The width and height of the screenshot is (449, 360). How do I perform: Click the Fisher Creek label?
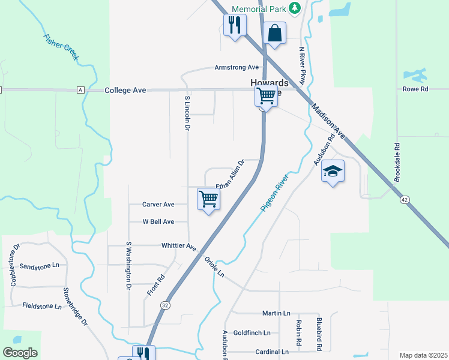tap(61, 47)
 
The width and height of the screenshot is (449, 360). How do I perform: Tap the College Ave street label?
tap(125, 91)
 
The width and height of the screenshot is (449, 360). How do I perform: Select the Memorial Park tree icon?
tap(294, 8)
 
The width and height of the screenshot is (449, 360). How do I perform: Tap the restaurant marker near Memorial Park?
tap(234, 25)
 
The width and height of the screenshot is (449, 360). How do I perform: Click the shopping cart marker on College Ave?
tap(266, 96)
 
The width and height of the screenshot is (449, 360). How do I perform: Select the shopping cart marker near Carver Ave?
tap(208, 199)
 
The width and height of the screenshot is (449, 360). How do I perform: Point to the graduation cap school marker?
tap(333, 172)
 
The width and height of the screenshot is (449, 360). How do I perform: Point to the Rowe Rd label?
tap(415, 89)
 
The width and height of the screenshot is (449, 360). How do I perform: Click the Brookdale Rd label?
tap(397, 163)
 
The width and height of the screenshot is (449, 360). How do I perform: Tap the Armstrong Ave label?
tap(237, 68)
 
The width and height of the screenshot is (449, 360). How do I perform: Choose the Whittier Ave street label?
tap(179, 246)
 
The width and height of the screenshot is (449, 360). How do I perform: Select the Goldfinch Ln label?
tap(252, 332)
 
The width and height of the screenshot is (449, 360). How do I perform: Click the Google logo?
tap(20, 353)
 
